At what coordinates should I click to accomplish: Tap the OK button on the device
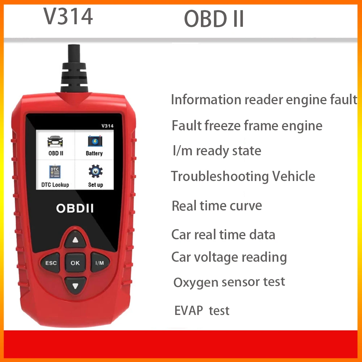pyautogui.click(x=75, y=262)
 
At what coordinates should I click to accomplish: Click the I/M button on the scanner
pyautogui.click(x=100, y=262)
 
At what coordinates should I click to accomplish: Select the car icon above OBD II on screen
pyautogui.click(x=55, y=141)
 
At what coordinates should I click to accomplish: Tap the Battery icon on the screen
pyautogui.click(x=94, y=141)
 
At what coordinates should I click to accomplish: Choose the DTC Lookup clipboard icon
pyautogui.click(x=55, y=172)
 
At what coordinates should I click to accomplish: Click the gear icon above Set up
pyautogui.click(x=96, y=171)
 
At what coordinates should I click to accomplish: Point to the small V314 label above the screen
pyautogui.click(x=108, y=126)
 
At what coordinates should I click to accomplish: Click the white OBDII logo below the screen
pyautogui.click(x=75, y=208)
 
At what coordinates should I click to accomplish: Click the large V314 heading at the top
pyautogui.click(x=68, y=16)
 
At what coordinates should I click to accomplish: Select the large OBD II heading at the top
pyautogui.click(x=214, y=19)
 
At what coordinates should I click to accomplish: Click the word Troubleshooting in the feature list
pyautogui.click(x=220, y=177)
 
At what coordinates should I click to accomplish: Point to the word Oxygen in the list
pyautogui.click(x=196, y=282)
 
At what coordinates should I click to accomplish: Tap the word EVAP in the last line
pyautogui.click(x=189, y=311)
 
